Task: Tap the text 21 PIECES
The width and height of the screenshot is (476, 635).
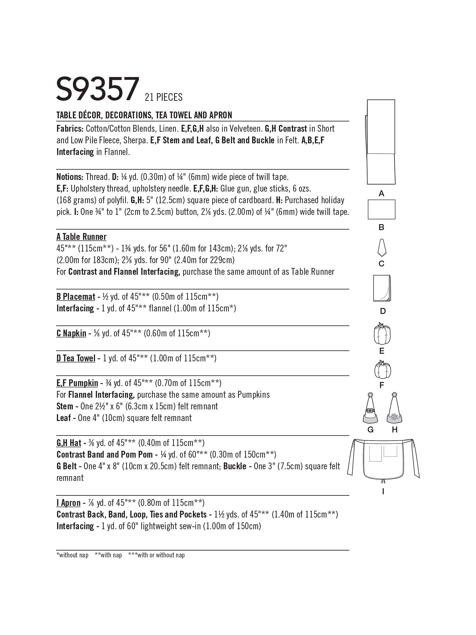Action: [164, 97]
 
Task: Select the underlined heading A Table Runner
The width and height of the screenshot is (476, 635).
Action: [81, 237]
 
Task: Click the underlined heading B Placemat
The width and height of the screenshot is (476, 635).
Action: [76, 297]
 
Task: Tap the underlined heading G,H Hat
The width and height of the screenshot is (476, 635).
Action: [69, 443]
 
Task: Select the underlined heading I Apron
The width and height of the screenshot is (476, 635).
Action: [69, 503]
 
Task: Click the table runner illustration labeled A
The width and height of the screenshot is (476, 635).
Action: [381, 142]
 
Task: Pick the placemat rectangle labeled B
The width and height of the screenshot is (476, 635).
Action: [381, 209]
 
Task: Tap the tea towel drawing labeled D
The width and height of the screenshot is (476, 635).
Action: [382, 288]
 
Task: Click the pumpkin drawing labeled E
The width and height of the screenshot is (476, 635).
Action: [382, 334]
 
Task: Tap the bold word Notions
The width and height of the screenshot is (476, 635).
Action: [70, 177]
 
